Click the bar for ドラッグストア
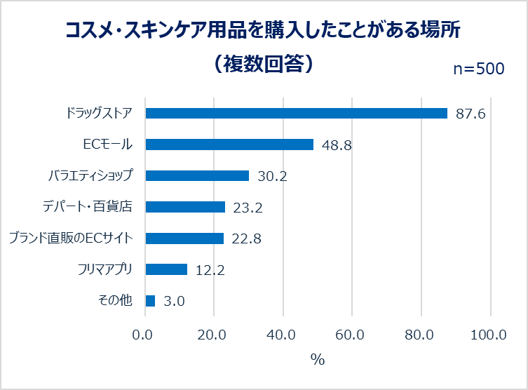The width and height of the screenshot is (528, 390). pyautogui.click(x=296, y=114)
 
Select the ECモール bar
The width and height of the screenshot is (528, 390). pyautogui.click(x=229, y=144)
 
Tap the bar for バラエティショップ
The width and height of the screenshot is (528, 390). pyautogui.click(x=197, y=175)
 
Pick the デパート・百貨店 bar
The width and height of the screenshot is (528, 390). pyautogui.click(x=185, y=207)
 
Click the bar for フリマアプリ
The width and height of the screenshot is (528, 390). pyautogui.click(x=166, y=269)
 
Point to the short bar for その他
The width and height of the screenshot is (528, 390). pyautogui.click(x=150, y=301)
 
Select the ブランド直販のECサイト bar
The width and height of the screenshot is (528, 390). pyautogui.click(x=184, y=238)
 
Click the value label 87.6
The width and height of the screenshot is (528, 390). pyautogui.click(x=471, y=114)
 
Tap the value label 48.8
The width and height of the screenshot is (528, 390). pyautogui.click(x=337, y=145)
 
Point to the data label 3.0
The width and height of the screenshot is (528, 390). pyautogui.click(x=174, y=302)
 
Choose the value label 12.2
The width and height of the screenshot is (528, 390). pyautogui.click(x=210, y=270)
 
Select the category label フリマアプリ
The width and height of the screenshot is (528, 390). pyautogui.click(x=109, y=269)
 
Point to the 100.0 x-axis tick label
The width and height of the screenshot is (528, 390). pyautogui.click(x=489, y=335)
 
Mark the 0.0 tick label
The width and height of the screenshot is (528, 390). pyautogui.click(x=144, y=335)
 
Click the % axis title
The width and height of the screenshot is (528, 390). pyautogui.click(x=318, y=360)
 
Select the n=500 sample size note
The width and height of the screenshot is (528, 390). pyautogui.click(x=478, y=68)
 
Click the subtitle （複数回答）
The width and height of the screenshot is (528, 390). pyautogui.click(x=263, y=65)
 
